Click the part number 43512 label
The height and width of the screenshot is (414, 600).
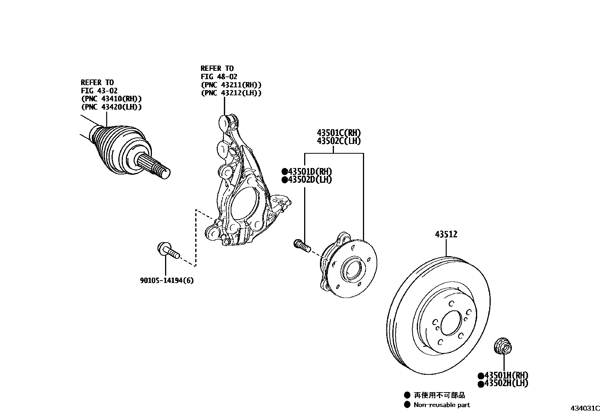(446, 234)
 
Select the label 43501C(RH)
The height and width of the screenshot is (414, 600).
(339, 133)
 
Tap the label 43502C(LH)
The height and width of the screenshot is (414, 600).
(339, 141)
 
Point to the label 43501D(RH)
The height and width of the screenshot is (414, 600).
(310, 172)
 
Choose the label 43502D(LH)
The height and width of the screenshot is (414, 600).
(310, 180)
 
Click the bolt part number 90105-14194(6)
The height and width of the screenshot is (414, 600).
(167, 281)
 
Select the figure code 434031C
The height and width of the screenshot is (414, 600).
(584, 408)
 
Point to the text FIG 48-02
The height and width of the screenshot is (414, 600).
(219, 76)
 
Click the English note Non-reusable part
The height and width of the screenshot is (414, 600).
(442, 405)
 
